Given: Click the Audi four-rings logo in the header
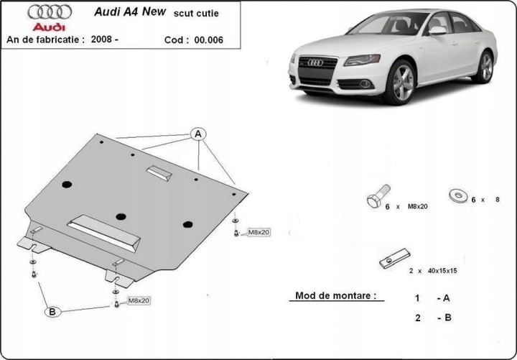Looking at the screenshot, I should tap(50, 12).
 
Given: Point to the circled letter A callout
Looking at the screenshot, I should tap(197, 134).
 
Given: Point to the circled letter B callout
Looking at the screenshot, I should tap(52, 311).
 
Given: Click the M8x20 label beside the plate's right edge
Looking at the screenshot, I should tap(258, 232).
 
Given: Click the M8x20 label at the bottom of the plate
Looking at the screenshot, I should tap(138, 300).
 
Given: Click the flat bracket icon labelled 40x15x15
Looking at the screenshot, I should tap(394, 258).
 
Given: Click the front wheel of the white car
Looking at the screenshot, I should tap(400, 83).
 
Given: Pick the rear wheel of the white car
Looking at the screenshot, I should tap(486, 67).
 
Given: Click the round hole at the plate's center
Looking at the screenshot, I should tap(121, 216).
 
